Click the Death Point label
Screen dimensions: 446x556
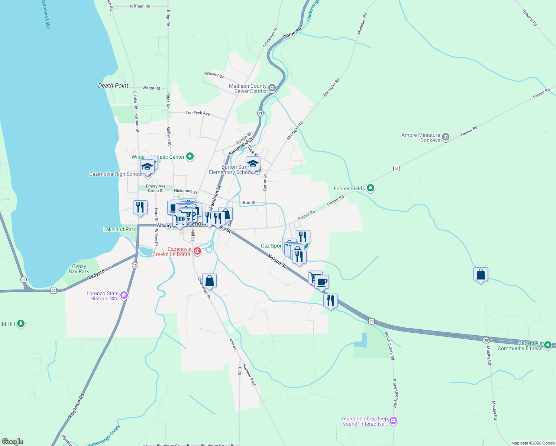click(113, 85)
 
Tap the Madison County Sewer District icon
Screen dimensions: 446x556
click(272, 88)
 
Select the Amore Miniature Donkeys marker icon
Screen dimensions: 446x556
click(446, 137)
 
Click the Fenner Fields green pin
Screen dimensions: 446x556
click(370, 188)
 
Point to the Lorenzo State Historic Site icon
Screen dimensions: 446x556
click(124, 295)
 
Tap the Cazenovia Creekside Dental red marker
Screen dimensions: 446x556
click(197, 252)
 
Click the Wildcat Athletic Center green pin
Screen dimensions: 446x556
click(190, 156)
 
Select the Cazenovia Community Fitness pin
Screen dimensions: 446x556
click(548, 346)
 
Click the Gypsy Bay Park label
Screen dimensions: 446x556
click(79, 269)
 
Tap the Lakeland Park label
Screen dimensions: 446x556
click(119, 229)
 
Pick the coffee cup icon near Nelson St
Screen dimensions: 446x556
click(322, 282)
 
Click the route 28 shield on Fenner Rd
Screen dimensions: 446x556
click(397, 169)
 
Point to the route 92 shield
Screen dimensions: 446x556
click(23, 279)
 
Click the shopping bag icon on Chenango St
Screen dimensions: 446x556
click(209, 281)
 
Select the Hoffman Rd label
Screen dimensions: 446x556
click(139, 6)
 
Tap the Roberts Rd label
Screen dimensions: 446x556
click(530, 18)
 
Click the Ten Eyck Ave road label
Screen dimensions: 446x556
click(198, 113)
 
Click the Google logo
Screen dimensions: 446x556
click(13, 442)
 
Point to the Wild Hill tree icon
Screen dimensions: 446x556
click(21, 324)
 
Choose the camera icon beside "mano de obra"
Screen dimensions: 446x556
click(393, 421)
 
